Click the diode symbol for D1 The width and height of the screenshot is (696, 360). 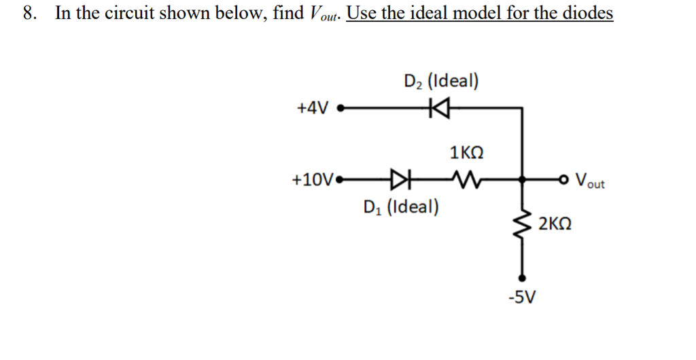[401, 181]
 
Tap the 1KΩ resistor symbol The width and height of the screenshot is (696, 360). [466, 181]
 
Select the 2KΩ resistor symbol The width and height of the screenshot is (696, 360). [522, 223]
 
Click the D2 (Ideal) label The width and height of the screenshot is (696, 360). [440, 82]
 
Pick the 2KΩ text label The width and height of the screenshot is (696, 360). [554, 223]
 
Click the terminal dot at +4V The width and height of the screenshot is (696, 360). [341, 107]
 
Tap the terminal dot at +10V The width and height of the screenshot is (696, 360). [340, 181]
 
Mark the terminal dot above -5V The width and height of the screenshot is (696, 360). [522, 277]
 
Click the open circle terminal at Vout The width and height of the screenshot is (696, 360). [563, 181]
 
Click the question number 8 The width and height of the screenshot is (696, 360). [27, 14]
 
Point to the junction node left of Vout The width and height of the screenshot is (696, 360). [522, 181]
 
